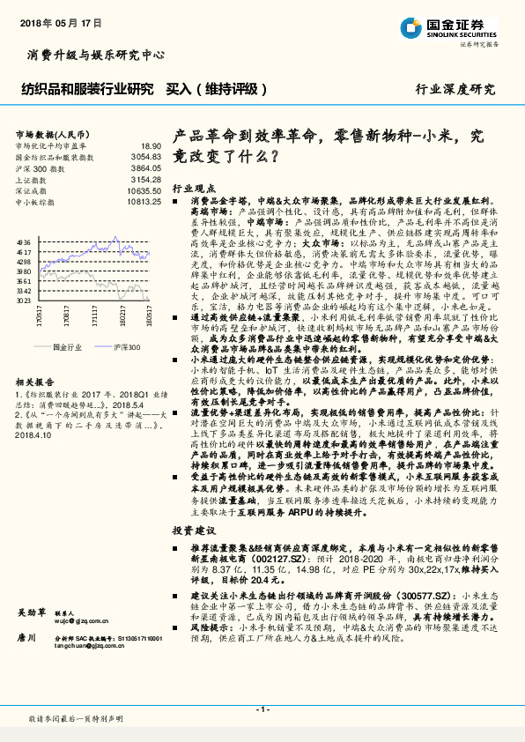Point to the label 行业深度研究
(455, 88)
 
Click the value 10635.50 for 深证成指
(144, 190)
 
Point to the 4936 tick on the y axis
(24, 241)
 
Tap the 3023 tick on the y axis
(24, 301)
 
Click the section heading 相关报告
(34, 383)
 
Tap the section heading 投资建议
(193, 531)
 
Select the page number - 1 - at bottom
(262, 709)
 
